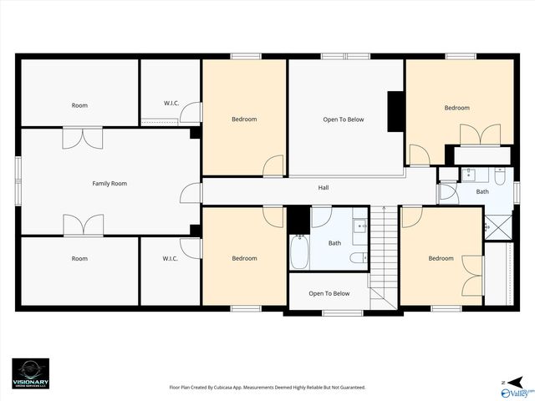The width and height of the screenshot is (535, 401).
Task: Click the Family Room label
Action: [109, 183]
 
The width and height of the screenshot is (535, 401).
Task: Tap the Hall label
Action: [324, 188]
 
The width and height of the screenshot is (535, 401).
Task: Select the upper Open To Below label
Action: [344, 119]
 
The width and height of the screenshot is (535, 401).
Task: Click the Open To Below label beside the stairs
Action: [329, 293]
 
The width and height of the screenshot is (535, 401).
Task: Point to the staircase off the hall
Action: [383, 255]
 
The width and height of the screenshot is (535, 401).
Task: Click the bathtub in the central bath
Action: [299, 250]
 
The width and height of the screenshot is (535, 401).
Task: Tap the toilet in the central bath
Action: [357, 257]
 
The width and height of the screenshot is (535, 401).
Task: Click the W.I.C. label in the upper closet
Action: [171, 103]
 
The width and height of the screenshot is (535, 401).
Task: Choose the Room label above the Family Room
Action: [79, 105]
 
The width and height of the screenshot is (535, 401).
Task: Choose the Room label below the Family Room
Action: [79, 258]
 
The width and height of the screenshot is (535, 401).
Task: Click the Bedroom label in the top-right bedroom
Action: [456, 108]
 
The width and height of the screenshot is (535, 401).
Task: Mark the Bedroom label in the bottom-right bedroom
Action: [441, 258]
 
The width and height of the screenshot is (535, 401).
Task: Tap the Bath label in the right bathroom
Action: [482, 191]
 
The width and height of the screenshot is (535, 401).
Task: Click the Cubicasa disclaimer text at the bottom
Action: [267, 387]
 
